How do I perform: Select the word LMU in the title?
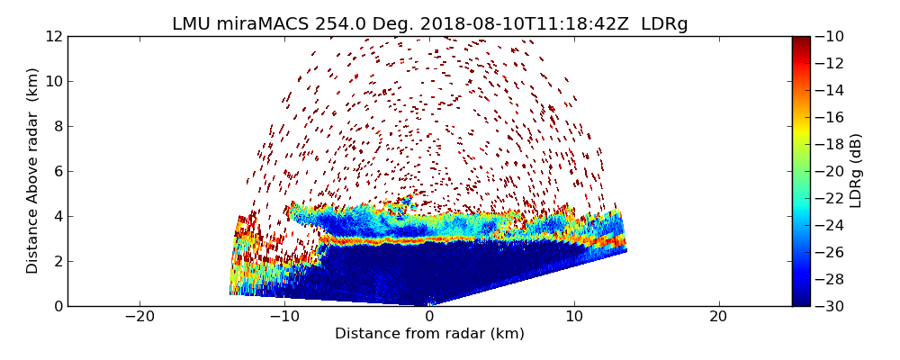[191, 24]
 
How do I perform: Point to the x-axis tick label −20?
[139, 317]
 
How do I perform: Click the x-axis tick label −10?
[284, 317]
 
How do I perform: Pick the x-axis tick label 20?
[718, 317]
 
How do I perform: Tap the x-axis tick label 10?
[574, 317]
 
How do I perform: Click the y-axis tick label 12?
[52, 37]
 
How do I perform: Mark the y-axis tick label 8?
[57, 126]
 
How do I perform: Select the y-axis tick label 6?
[57, 171]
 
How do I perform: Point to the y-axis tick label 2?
[57, 261]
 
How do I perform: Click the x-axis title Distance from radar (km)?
[429, 334]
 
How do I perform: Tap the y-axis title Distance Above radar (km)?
[33, 171]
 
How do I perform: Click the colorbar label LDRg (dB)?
[856, 171]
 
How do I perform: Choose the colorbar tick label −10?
[832, 37]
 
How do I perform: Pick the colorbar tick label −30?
[832, 306]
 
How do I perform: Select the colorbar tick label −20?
[832, 171]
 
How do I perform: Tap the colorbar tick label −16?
[832, 117]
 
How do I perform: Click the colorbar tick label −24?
[832, 225]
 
